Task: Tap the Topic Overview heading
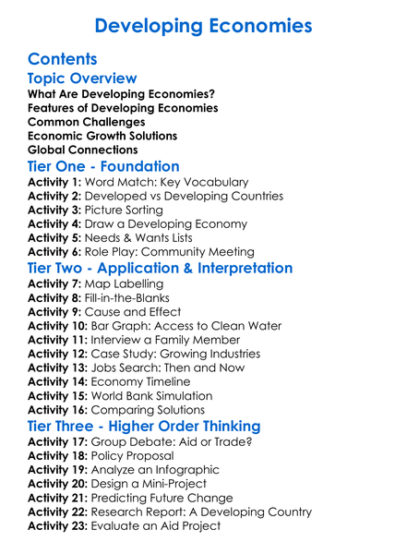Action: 82,78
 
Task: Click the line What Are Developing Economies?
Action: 121,94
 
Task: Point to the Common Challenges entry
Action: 86,122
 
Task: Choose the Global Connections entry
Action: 83,150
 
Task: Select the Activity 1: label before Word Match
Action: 55,183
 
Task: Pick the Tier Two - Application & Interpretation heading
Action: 160,269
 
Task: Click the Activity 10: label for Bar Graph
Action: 59,326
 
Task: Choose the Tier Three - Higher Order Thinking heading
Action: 144,426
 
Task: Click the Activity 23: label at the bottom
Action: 59,525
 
